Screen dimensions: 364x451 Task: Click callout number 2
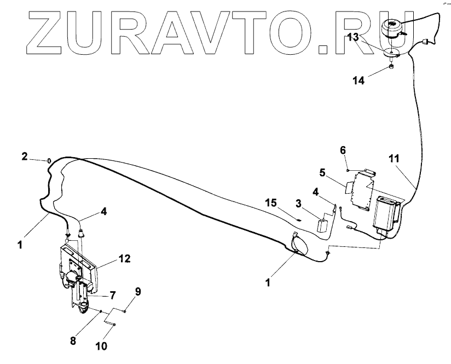point(24,157)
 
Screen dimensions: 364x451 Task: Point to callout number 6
point(343,149)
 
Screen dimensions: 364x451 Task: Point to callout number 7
point(113,296)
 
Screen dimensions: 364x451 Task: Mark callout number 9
point(138,292)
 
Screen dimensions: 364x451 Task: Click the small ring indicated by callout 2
point(50,160)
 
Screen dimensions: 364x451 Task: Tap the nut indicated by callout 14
point(391,67)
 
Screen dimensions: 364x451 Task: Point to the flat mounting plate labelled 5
point(361,189)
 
